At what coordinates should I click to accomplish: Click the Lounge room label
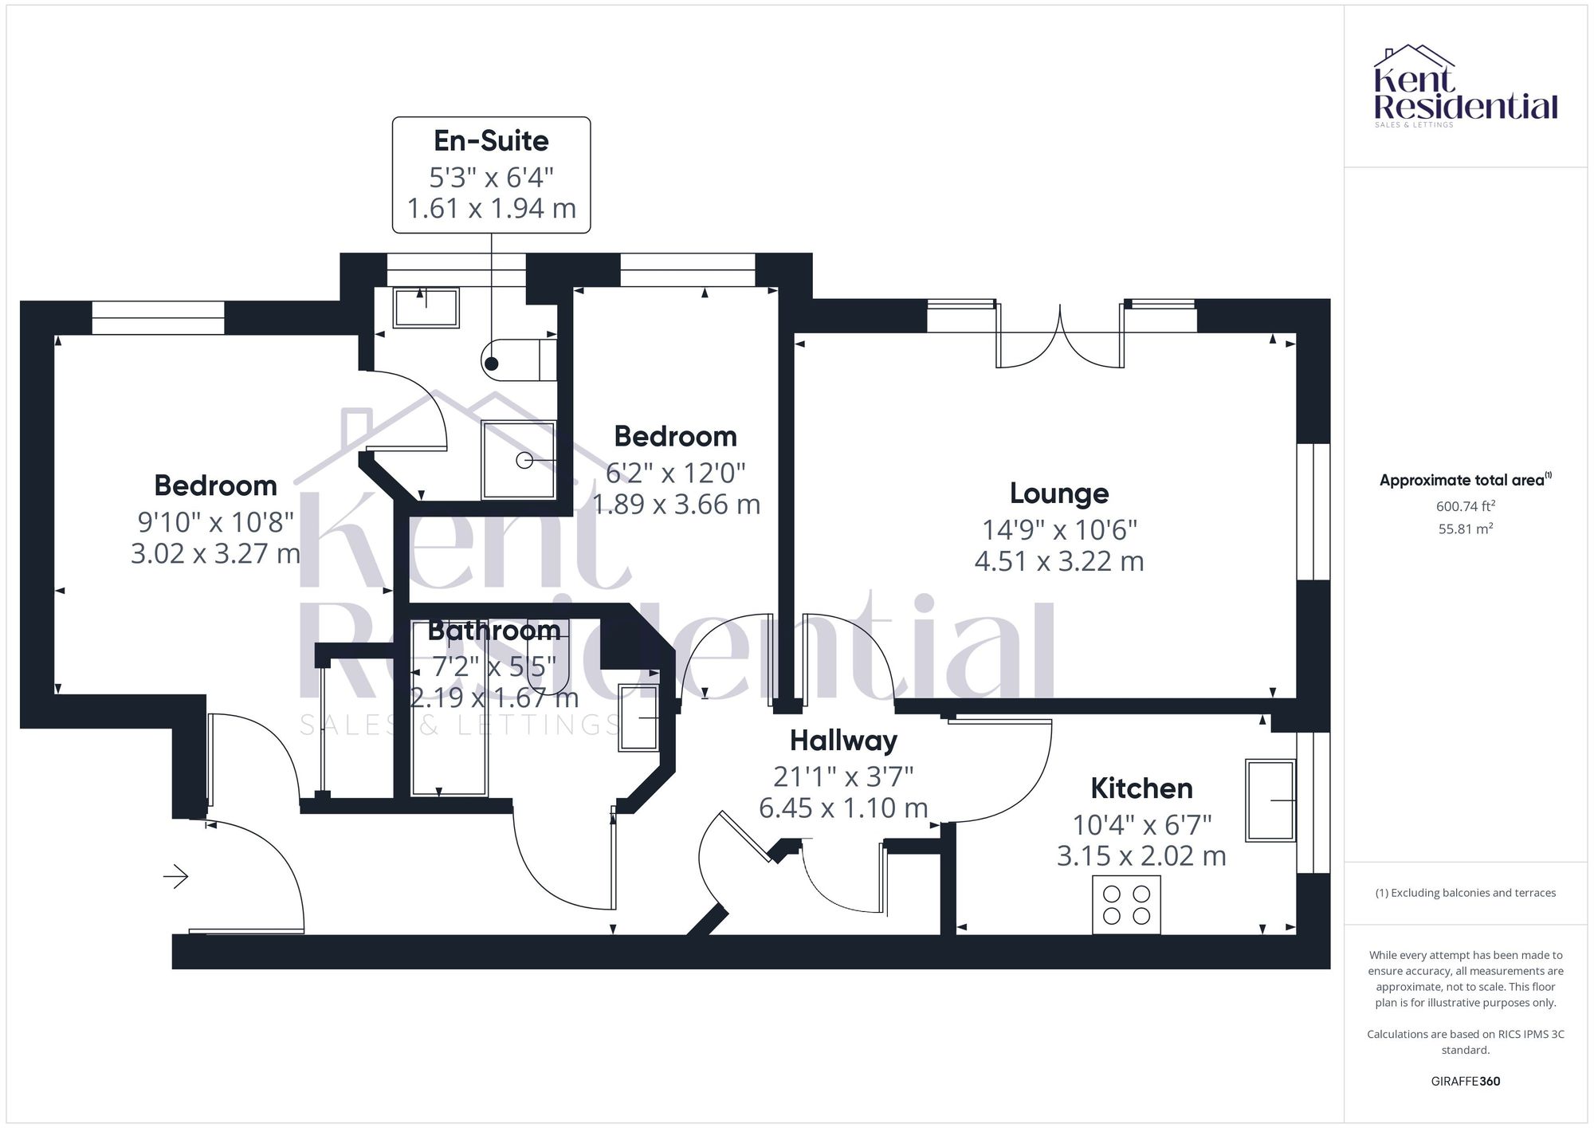coord(1059,493)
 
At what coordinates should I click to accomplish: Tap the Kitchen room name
coord(1141,788)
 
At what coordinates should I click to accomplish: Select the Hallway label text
coord(843,741)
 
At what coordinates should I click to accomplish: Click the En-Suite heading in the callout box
coord(491,141)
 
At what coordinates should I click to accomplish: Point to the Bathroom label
coord(494,631)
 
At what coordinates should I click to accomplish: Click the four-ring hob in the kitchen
coord(1126,905)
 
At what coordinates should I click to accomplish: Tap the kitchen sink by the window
coord(1270,800)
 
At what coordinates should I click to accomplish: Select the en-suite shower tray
coord(518,460)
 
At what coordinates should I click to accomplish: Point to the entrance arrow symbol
coord(176,877)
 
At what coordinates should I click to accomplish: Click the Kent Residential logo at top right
coord(1465,87)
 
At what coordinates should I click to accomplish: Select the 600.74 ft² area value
coord(1465,506)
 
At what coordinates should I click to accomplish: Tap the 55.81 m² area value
coord(1465,529)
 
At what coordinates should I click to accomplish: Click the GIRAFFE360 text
coord(1465,1081)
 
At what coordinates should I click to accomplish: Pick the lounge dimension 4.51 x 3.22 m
coord(1059,561)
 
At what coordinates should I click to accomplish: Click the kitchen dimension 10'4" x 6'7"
coord(1141,823)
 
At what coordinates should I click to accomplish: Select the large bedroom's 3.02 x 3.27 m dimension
coord(215,553)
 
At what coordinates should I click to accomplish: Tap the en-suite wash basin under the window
coord(426,307)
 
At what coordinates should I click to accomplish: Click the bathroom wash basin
coord(638,717)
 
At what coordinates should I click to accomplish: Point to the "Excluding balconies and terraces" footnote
coord(1465,893)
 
